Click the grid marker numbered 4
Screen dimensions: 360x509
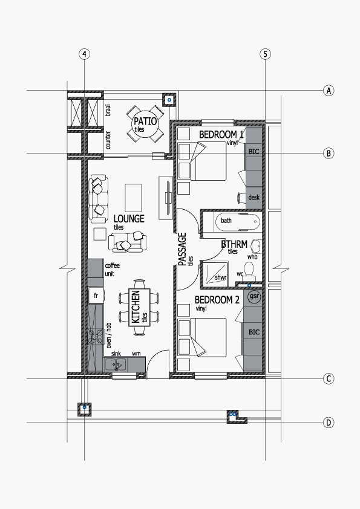(85, 54)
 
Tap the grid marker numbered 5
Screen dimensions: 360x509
(266, 54)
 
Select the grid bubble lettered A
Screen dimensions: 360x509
(329, 91)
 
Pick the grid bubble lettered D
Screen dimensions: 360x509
(329, 423)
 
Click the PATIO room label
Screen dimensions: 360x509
(145, 122)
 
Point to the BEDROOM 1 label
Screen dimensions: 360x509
(221, 134)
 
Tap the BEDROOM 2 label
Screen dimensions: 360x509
(217, 300)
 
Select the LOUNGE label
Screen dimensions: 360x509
(129, 218)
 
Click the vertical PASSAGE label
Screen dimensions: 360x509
(183, 249)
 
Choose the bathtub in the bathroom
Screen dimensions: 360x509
(238, 221)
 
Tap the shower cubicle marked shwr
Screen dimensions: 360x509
(215, 273)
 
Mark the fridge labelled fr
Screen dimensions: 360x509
(96, 296)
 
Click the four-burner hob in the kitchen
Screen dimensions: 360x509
(96, 337)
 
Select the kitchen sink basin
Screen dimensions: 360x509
(116, 365)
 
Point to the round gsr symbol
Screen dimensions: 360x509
(254, 297)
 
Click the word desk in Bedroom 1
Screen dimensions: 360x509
(254, 197)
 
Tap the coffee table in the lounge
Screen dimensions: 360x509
(133, 198)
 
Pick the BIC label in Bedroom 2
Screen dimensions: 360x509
(254, 332)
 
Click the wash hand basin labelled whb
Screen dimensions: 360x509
(257, 247)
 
